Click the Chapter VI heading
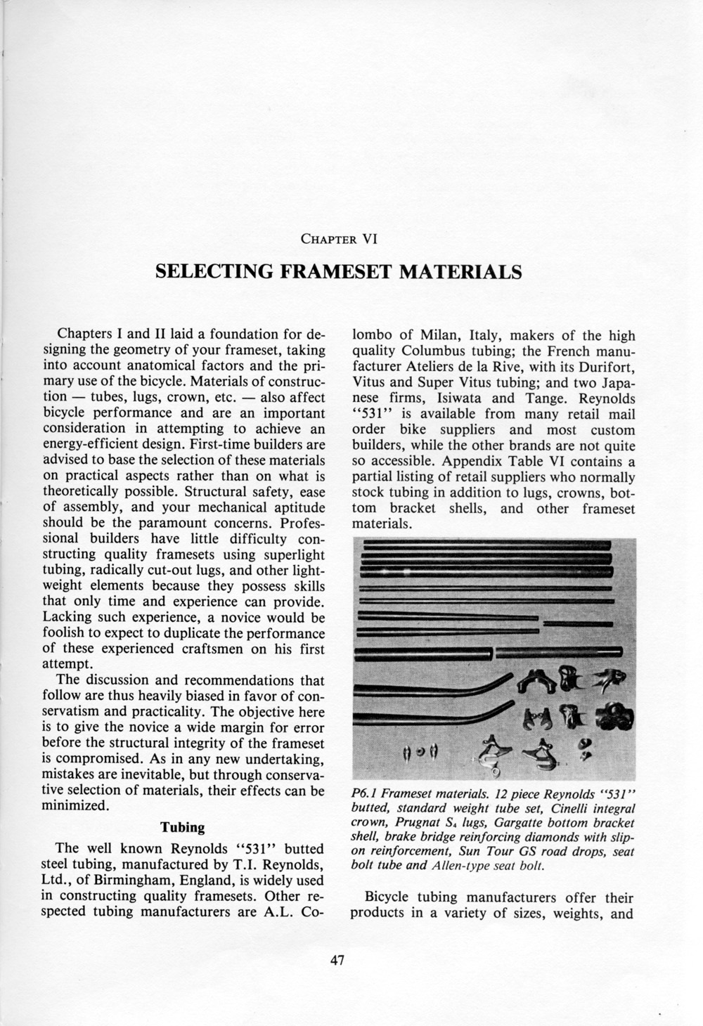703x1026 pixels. [x=339, y=238]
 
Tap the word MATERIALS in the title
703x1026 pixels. [x=460, y=271]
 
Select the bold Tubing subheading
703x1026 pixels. [x=183, y=827]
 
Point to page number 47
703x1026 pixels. [x=338, y=962]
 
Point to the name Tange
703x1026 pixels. [x=548, y=398]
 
